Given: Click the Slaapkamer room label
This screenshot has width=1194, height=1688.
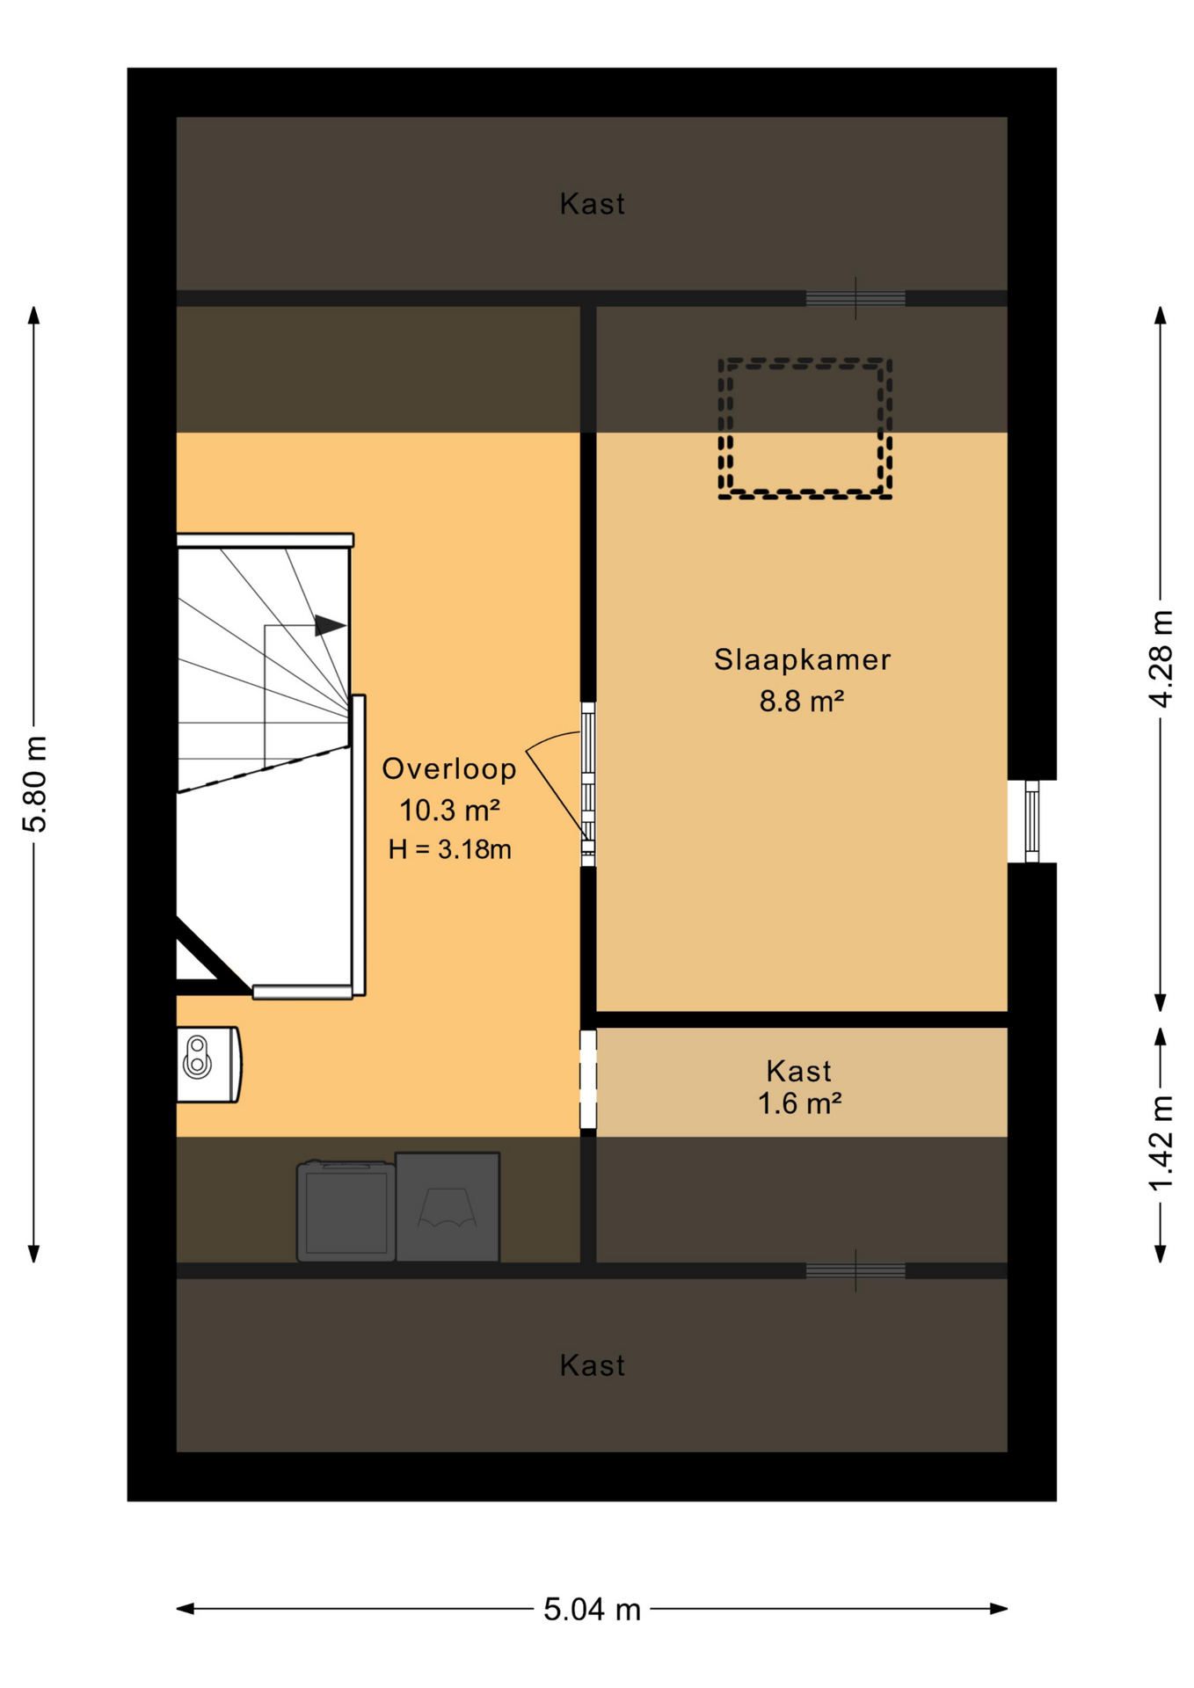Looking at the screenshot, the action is click(x=802, y=660).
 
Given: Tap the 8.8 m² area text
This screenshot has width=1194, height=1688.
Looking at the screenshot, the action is click(x=802, y=702).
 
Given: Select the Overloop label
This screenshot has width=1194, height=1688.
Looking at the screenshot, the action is click(x=449, y=769).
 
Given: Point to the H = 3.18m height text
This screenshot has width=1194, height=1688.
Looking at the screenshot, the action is click(x=450, y=849).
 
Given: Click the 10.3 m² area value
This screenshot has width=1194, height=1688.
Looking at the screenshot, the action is click(x=450, y=810).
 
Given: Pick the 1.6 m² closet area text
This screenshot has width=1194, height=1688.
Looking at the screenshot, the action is click(x=800, y=1103).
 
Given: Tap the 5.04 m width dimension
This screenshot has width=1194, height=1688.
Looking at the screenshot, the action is click(x=592, y=1610).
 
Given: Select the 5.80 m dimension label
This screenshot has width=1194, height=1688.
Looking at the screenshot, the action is click(x=35, y=784).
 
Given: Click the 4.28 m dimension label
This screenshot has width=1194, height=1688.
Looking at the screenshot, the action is click(x=1161, y=659).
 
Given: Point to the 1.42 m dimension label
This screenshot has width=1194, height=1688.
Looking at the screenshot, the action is click(x=1161, y=1144).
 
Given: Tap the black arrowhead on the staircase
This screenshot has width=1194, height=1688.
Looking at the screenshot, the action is click(x=330, y=625).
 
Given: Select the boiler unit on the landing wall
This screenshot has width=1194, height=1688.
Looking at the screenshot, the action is click(x=208, y=1065).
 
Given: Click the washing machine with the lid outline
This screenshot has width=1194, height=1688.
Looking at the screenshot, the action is click(x=346, y=1211).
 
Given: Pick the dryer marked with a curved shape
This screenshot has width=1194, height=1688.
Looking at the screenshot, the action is click(x=448, y=1207).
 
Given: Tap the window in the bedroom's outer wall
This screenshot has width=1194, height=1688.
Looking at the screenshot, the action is click(x=1032, y=821).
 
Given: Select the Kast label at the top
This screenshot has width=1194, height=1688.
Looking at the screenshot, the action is click(x=593, y=204).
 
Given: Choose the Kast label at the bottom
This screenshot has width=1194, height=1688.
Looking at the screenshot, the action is click(x=593, y=1365).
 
